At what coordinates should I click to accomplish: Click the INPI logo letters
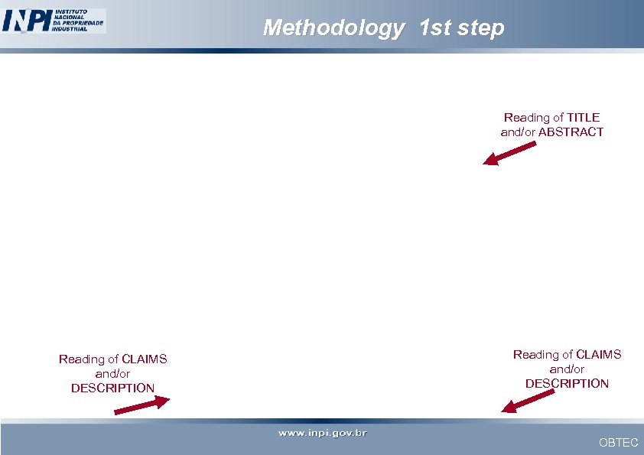click(x=26, y=20)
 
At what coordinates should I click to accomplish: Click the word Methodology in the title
click(x=333, y=28)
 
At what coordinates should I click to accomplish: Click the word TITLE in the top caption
click(x=583, y=117)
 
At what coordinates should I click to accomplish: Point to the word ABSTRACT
click(x=571, y=132)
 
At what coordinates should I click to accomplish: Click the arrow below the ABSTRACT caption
click(x=509, y=153)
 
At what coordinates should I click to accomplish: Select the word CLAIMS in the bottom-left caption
click(x=144, y=359)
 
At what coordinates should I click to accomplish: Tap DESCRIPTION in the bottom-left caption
click(x=112, y=388)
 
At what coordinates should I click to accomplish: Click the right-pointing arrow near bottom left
click(x=141, y=405)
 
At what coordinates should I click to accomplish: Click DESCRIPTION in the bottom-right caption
click(x=567, y=383)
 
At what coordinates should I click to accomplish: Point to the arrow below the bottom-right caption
click(x=527, y=401)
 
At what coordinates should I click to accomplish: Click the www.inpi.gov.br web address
click(x=322, y=434)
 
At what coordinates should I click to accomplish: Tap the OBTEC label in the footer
click(x=618, y=442)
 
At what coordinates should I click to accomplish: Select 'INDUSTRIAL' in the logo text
click(x=70, y=29)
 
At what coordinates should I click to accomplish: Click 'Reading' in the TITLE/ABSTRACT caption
click(x=527, y=117)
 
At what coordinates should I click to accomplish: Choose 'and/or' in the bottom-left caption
click(x=112, y=373)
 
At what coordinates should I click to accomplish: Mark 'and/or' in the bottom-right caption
click(x=567, y=369)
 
